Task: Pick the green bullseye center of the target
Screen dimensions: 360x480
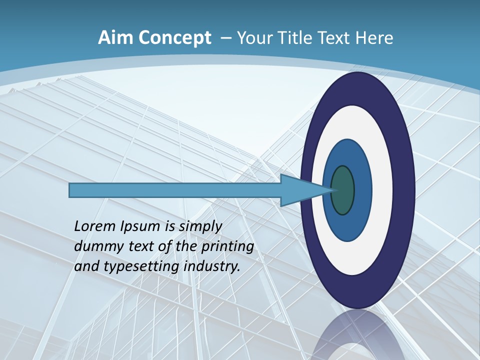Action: pyautogui.click(x=342, y=190)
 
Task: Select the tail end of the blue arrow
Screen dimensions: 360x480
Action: pyautogui.click(x=70, y=190)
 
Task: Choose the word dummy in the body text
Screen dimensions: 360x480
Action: pyautogui.click(x=95, y=246)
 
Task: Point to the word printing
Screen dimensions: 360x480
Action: pyautogui.click(x=227, y=247)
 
